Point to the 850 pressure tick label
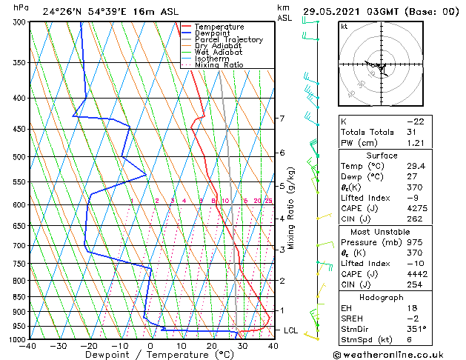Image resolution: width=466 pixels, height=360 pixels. click(x=19, y=297)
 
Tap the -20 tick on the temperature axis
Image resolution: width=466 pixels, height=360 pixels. click(x=89, y=345)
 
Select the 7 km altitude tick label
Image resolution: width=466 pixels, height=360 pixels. click(x=282, y=119)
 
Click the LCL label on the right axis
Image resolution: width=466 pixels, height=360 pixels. click(x=292, y=330)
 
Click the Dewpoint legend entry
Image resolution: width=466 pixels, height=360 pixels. click(x=214, y=33)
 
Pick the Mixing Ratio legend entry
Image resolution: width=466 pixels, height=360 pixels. click(x=219, y=65)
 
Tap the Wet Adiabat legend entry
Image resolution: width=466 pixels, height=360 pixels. click(x=219, y=53)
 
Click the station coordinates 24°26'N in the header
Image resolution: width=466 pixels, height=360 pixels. click(x=63, y=11)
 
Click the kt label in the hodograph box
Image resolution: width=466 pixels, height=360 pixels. click(x=344, y=27)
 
